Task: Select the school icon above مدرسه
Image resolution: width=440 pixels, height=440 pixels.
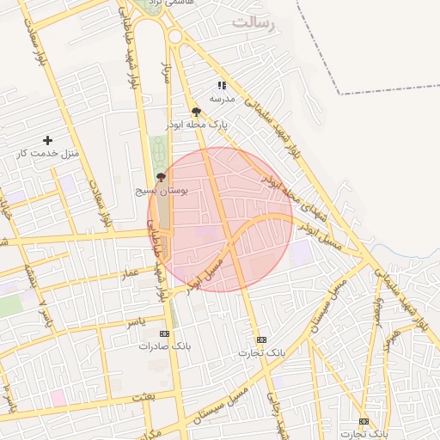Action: (x=222, y=85)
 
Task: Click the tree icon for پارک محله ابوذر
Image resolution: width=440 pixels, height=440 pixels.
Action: (x=197, y=112)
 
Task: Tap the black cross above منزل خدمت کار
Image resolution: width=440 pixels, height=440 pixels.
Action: (x=47, y=140)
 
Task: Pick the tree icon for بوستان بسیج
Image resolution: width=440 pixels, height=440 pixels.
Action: (x=161, y=176)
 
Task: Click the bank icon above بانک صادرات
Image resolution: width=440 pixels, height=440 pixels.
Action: (x=164, y=333)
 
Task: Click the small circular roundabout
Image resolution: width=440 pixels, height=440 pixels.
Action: (x=175, y=36)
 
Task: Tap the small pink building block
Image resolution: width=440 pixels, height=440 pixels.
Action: (x=58, y=397)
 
